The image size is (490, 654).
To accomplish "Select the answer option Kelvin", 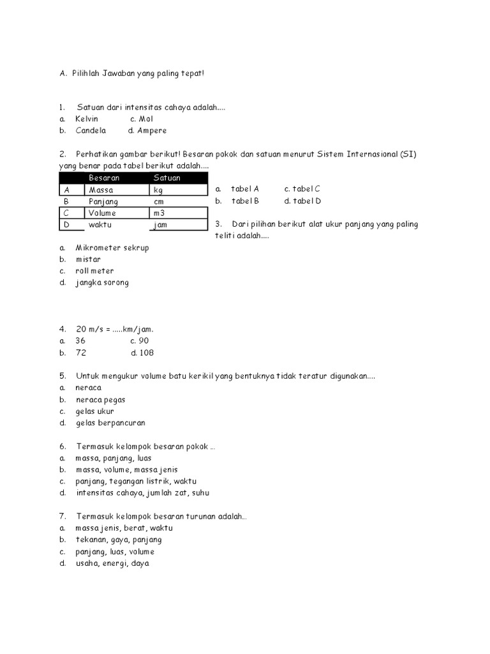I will click(x=87, y=119).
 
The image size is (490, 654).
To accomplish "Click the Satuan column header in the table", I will click(x=167, y=178).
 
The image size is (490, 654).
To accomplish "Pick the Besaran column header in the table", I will click(x=104, y=178).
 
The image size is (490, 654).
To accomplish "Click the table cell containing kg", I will click(x=158, y=190).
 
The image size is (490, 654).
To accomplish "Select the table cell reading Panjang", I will click(x=103, y=201).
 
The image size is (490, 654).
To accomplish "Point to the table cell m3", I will click(x=159, y=213).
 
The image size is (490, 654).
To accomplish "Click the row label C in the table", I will click(x=66, y=213).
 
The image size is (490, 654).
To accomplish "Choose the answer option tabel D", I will click(x=302, y=201).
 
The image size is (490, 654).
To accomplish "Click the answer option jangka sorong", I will click(x=102, y=282).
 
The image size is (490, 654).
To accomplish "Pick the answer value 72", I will click(x=81, y=353).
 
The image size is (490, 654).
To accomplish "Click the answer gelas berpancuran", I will click(x=110, y=423).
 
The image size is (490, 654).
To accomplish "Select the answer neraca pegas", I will click(x=100, y=400).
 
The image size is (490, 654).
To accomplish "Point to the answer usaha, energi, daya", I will click(x=112, y=563).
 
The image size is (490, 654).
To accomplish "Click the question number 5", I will click(x=63, y=376).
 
